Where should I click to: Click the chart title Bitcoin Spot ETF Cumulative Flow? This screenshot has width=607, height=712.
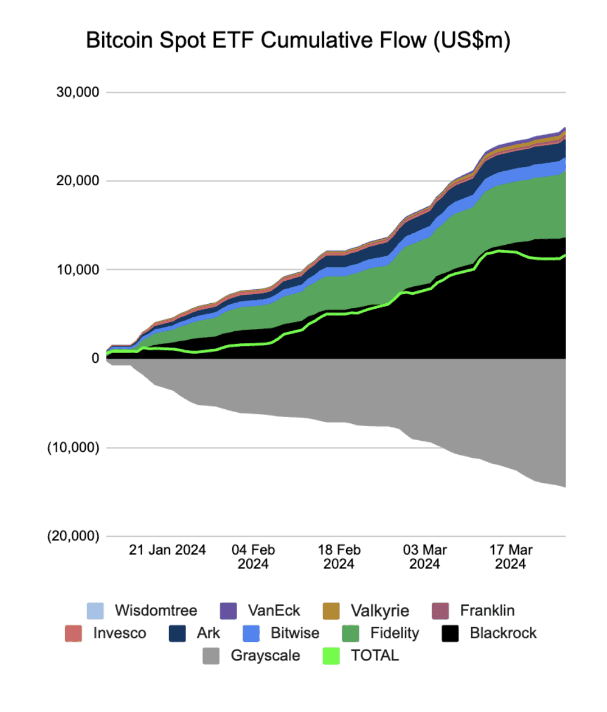click(298, 40)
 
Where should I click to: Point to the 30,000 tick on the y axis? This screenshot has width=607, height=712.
click(78, 92)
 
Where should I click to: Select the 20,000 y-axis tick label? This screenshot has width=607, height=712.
click(78, 181)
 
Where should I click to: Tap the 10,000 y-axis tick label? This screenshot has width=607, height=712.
click(78, 270)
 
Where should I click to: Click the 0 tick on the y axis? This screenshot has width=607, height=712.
click(95, 358)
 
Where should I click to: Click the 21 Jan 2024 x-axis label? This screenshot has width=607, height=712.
click(167, 550)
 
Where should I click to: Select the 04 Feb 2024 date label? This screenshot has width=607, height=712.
click(253, 557)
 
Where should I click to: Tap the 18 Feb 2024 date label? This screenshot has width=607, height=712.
click(339, 557)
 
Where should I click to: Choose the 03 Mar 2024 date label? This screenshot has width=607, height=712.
click(424, 557)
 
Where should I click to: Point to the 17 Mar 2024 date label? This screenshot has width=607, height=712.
click(510, 557)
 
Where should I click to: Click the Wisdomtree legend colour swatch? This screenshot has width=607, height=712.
click(96, 611)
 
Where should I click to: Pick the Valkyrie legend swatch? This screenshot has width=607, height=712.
click(332, 611)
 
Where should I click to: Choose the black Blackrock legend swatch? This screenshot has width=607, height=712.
click(450, 633)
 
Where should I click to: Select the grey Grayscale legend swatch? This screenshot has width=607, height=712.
click(211, 656)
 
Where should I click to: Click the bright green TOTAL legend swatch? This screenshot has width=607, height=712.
click(332, 656)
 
